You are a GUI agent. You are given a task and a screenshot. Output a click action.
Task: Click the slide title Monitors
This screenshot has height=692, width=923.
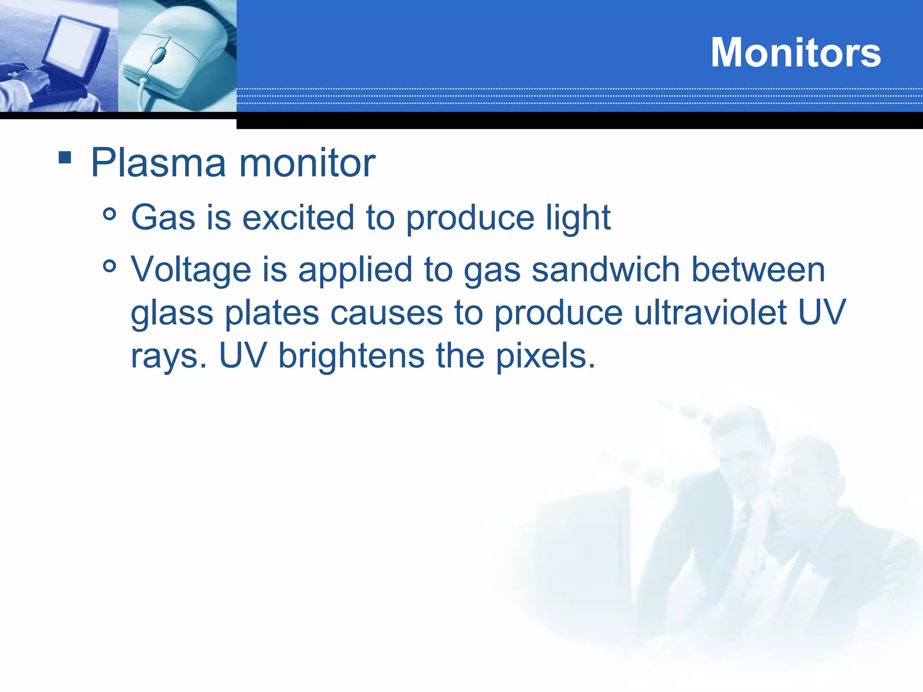tap(795, 53)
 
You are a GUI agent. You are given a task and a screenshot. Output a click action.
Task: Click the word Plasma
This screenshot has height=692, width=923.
tap(158, 163)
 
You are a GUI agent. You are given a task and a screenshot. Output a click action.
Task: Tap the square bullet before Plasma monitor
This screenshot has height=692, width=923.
tap(65, 158)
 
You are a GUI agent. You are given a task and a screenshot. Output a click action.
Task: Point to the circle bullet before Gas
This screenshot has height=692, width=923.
tap(110, 214)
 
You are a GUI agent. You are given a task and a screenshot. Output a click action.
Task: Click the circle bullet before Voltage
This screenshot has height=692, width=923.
tap(110, 266)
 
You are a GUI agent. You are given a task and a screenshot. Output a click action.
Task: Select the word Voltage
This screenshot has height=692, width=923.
tap(191, 270)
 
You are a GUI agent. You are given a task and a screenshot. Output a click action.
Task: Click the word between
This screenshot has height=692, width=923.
tap(758, 270)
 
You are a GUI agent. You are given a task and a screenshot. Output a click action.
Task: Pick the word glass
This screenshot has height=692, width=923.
tap(172, 314)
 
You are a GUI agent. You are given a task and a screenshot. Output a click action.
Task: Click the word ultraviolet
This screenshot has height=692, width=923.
tap(710, 313)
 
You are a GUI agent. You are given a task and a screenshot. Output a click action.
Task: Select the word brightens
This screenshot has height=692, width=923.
tap(351, 356)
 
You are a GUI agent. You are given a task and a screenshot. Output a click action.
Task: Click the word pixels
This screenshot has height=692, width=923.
tap(545, 356)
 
